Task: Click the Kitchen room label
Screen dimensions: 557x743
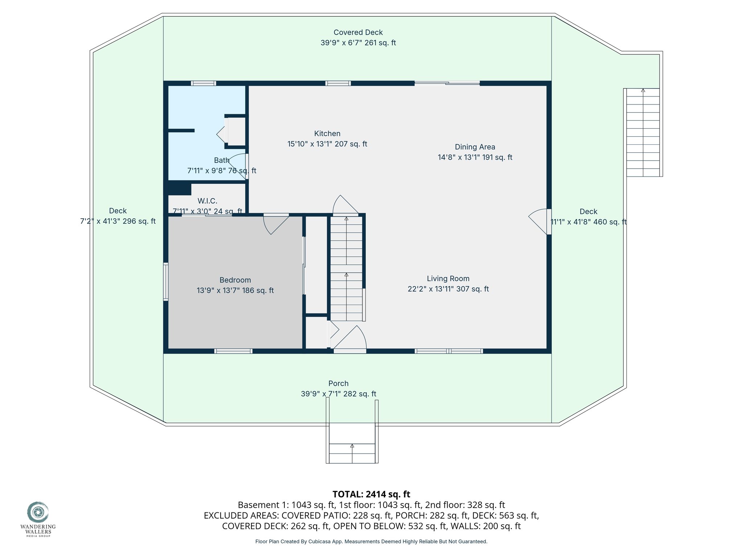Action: tap(327, 133)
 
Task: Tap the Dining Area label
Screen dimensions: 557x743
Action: tap(475, 147)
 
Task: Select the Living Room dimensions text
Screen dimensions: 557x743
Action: tap(448, 289)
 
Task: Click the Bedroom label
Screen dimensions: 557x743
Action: tap(235, 280)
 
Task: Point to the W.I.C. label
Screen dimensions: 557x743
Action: tap(207, 201)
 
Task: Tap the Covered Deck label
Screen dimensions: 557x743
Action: tap(358, 33)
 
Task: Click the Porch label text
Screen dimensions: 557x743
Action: tap(338, 383)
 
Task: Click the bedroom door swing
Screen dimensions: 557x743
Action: tap(274, 225)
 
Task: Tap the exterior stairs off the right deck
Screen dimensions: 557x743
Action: tap(643, 132)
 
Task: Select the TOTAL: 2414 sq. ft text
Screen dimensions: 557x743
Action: tap(371, 494)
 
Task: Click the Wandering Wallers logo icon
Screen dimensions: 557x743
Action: tap(38, 512)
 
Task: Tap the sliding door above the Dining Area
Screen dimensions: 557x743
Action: tap(447, 83)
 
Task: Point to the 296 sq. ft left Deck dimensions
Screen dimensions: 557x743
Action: tap(118, 221)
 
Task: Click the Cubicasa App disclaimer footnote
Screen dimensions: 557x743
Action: tap(371, 541)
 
